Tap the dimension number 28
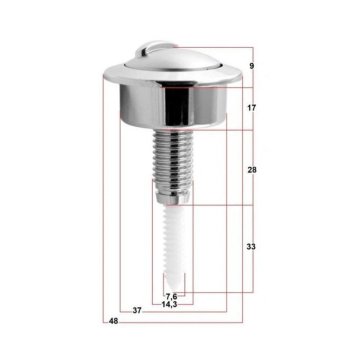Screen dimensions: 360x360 click(252, 170)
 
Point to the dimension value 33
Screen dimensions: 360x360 click(252, 245)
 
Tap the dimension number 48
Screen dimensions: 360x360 click(113, 321)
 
